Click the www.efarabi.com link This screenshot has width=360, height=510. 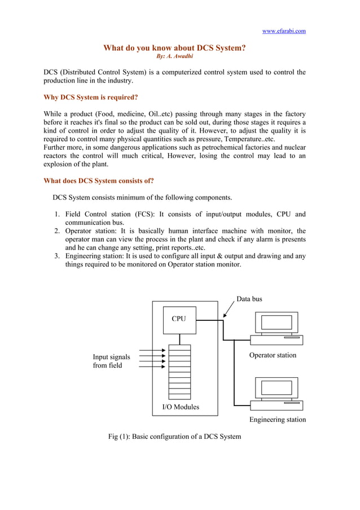pos(284,31)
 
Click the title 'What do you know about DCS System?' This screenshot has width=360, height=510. pos(174,48)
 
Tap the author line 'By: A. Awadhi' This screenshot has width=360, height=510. pos(174,56)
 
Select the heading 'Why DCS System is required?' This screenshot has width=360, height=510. pos(91,97)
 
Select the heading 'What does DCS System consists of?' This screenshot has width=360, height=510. pos(99,181)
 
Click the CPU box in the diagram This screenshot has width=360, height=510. pos(179,319)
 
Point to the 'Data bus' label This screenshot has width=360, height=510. pos(249,299)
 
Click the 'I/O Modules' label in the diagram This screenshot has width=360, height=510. pos(181,407)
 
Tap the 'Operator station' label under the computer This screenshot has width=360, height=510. pos(273,355)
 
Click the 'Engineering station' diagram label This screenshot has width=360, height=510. pos(278,420)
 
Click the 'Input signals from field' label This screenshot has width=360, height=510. pos(111,361)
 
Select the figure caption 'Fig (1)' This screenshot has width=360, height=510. pos(174,437)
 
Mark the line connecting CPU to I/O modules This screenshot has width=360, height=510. pos(179,338)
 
